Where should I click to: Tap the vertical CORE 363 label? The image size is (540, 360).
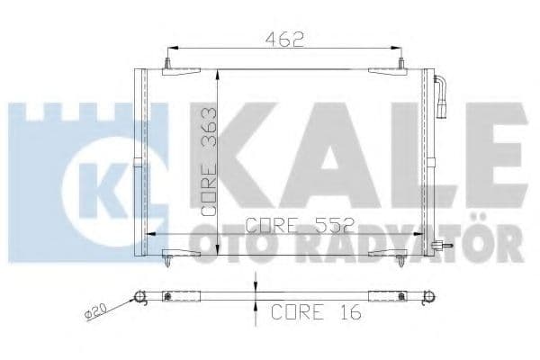[209, 160]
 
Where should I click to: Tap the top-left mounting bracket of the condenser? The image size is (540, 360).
[171, 67]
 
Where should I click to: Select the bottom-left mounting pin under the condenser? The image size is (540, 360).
[171, 263]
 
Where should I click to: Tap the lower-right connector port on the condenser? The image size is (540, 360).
[439, 248]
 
